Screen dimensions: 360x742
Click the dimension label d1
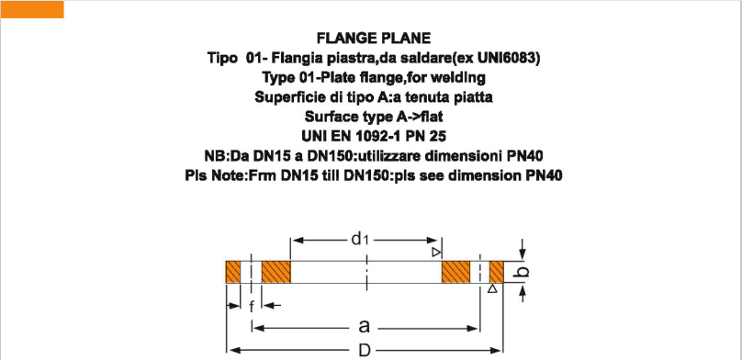360,239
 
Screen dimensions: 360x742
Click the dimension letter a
365,326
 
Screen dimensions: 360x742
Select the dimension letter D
365,350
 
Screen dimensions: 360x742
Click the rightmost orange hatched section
497,273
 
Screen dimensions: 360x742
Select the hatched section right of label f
275,273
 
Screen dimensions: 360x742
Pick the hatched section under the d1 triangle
455,273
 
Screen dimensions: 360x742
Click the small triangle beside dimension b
493,288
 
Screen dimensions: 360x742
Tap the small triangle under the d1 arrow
436,252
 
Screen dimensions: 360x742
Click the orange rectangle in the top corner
32,9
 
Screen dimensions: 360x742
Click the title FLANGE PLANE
373,39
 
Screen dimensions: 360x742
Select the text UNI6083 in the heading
505,58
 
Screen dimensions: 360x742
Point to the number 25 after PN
422,136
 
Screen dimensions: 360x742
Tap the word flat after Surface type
427,117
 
